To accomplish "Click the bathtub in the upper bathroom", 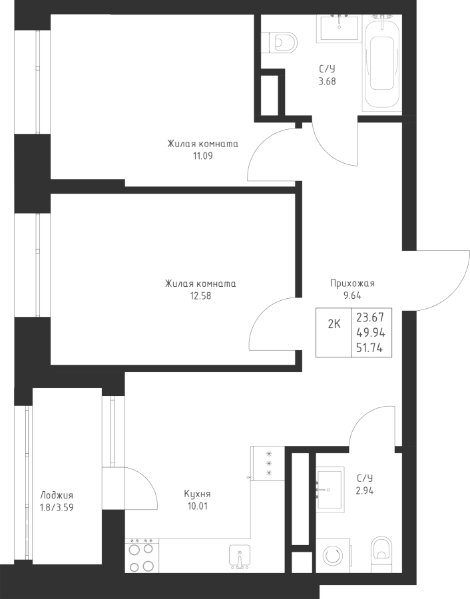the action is (381, 63).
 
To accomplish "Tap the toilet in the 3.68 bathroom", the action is (282, 42).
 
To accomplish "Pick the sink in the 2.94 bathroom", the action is (329, 490).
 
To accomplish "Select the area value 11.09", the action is (203, 156).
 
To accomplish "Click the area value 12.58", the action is (200, 296).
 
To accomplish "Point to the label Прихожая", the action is (352, 284).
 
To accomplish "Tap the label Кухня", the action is (197, 495).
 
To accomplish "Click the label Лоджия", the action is (57, 495).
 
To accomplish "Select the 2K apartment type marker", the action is (334, 324).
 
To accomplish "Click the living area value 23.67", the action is (370, 317).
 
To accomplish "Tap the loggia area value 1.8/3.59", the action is (57, 508).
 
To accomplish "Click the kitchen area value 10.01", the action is (198, 506).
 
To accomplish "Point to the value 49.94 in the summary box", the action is (370, 333).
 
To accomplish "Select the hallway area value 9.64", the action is (352, 296).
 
